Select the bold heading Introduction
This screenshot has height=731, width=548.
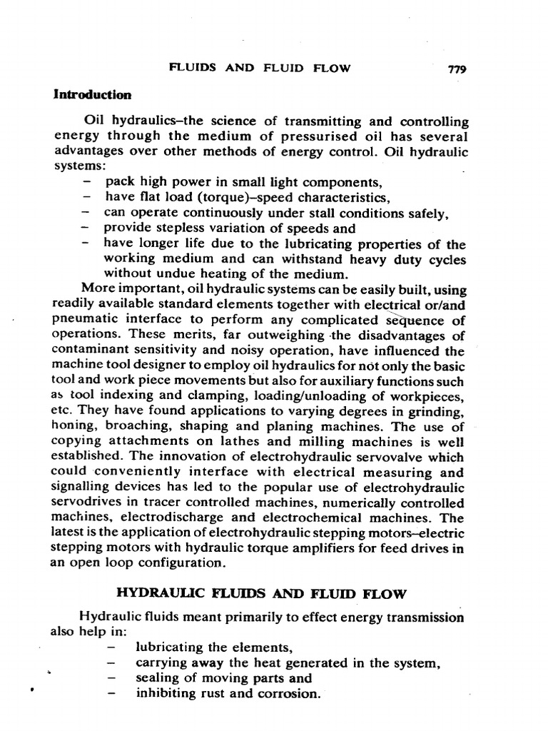click(93, 94)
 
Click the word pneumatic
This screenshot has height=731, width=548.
click(83, 321)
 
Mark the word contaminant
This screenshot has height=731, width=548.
click(89, 351)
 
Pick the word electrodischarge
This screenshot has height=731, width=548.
click(178, 519)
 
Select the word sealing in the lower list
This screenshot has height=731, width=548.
click(155, 678)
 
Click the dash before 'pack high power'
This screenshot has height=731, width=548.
click(86, 182)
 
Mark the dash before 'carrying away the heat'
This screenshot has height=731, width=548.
click(111, 663)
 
